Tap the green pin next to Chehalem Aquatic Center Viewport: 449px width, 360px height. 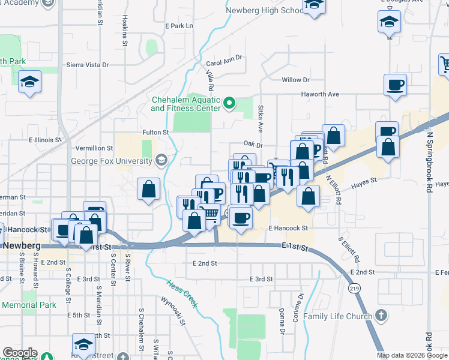(x=228, y=104)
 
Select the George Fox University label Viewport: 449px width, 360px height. (x=112, y=161)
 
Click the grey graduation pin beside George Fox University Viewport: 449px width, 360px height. (x=161, y=160)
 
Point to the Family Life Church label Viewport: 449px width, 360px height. (x=337, y=316)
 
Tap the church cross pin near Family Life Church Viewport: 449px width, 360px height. (x=380, y=316)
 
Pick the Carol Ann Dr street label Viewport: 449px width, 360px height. (x=223, y=61)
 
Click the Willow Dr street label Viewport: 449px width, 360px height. (x=295, y=80)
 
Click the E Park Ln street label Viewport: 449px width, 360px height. (x=179, y=26)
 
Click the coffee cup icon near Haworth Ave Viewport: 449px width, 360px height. (x=395, y=85)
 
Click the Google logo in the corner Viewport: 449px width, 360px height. (x=20, y=353)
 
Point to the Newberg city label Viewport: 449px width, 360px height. (x=22, y=246)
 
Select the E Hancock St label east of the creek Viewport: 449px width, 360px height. (x=288, y=229)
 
